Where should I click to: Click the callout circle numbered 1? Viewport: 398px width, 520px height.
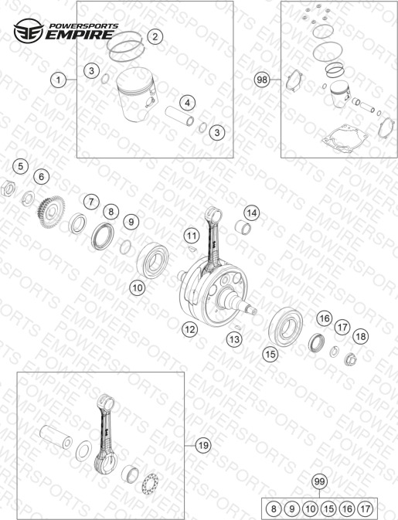coord(59,80)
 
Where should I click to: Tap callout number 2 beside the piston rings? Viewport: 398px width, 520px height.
coord(155,36)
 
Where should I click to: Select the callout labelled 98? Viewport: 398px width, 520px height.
coord(262,80)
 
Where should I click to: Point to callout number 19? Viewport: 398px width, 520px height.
coord(203,445)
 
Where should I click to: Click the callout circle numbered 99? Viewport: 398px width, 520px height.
coord(319,481)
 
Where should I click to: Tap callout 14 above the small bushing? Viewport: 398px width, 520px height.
coord(252,213)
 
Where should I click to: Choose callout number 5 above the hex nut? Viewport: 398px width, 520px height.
coord(21,166)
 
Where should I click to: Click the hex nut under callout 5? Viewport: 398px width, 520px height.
coord(8,189)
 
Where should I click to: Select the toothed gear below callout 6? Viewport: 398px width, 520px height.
coord(52,212)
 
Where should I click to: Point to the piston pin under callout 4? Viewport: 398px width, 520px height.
coord(180,116)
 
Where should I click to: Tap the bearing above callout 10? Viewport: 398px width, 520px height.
coord(152,260)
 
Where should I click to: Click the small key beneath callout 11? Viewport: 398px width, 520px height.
coord(192,249)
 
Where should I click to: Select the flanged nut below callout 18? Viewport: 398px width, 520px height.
coord(349,359)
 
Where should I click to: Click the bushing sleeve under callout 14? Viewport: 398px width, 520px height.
coord(243,228)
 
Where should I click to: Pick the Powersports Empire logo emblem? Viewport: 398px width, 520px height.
coord(29,31)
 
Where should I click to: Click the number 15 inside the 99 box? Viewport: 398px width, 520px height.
coord(328,508)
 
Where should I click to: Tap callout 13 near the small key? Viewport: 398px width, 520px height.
coord(234,339)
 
